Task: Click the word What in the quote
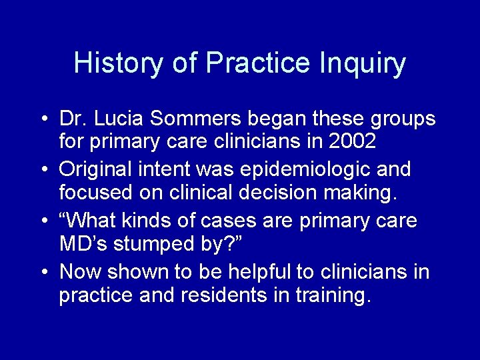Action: tap(93, 220)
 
